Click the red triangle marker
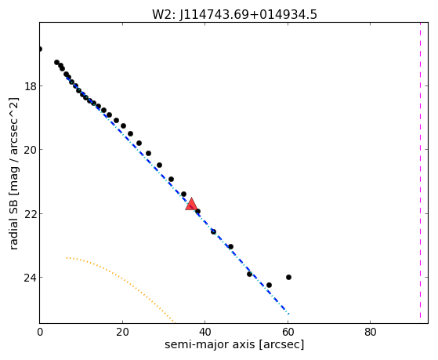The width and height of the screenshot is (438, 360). point(191,204)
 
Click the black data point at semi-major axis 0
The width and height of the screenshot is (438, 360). point(40,49)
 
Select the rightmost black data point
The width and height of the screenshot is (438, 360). point(288,277)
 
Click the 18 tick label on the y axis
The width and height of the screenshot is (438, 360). point(31,86)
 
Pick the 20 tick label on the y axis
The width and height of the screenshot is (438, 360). point(31,150)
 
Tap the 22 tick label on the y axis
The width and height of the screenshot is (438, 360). point(31,213)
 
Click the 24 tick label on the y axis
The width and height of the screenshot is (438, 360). point(31,278)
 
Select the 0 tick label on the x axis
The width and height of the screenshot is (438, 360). point(40,333)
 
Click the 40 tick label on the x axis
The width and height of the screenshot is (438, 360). point(205,333)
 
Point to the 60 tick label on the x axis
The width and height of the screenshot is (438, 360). point(288,333)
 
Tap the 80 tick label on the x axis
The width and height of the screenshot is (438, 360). point(371,333)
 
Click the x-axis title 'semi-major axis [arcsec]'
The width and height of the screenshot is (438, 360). point(234,344)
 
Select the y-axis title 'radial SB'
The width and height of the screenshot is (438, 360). point(13,220)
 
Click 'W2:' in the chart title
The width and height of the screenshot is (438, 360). point(164,15)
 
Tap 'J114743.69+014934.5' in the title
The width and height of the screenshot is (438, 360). point(248,15)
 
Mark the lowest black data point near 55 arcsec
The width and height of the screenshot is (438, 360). point(269,285)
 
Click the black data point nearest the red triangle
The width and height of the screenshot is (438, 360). point(197,211)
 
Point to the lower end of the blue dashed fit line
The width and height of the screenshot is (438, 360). point(289,315)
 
